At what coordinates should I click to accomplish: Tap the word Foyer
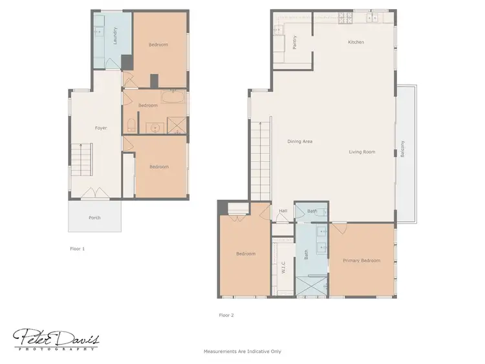click(x=101, y=128)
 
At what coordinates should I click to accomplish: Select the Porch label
click(x=94, y=218)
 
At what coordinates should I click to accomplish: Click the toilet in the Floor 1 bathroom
click(x=131, y=125)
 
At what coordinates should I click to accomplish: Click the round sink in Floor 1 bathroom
click(x=156, y=126)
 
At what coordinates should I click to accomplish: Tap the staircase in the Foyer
click(x=83, y=162)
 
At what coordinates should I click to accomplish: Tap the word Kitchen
click(x=356, y=42)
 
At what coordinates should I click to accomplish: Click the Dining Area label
click(x=300, y=141)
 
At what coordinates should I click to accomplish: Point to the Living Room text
click(x=362, y=153)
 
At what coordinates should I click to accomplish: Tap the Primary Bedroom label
click(x=361, y=261)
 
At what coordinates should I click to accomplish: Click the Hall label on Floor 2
click(x=283, y=211)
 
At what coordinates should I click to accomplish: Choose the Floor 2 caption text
click(x=226, y=316)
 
